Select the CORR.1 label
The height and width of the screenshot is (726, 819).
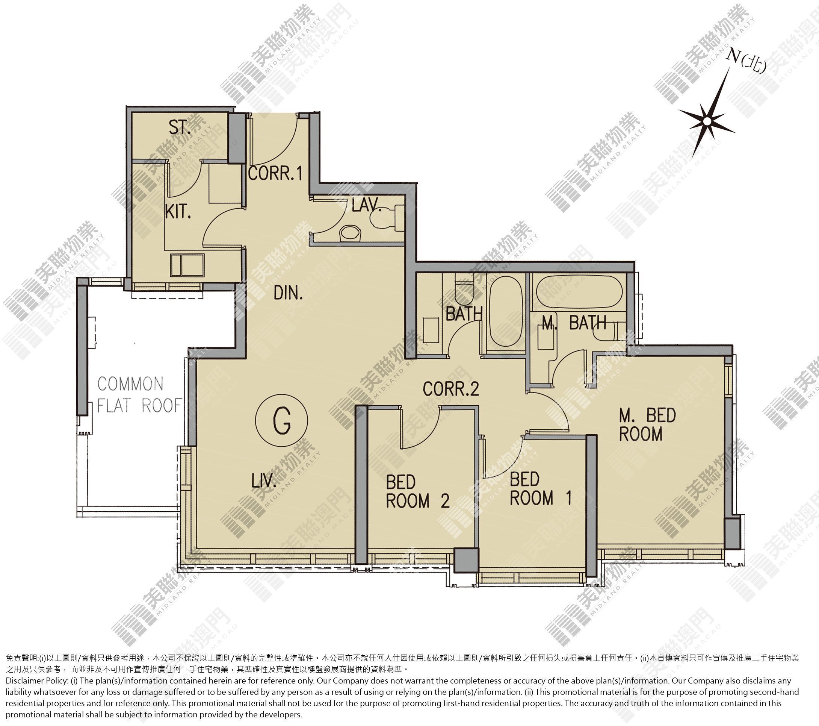pyautogui.click(x=275, y=173)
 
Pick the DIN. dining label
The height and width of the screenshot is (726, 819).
pyautogui.click(x=288, y=294)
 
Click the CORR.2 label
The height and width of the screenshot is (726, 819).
pyautogui.click(x=451, y=388)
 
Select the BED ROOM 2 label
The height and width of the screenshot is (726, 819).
pyautogui.click(x=417, y=492)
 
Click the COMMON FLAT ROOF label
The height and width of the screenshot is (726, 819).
pyautogui.click(x=139, y=395)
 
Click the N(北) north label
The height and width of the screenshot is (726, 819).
pyautogui.click(x=746, y=62)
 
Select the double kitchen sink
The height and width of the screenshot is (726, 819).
pyautogui.click(x=187, y=265)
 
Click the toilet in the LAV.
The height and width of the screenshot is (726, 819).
pyautogui.click(x=383, y=217)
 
